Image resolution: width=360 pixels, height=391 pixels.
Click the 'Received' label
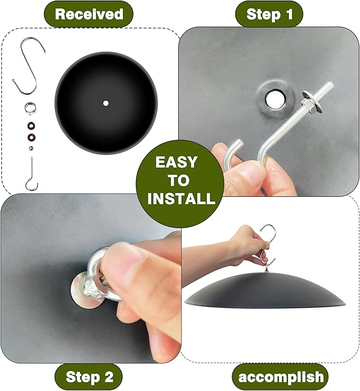pyautogui.click(x=89, y=14)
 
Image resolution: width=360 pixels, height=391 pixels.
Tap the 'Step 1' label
pyautogui.click(x=269, y=14)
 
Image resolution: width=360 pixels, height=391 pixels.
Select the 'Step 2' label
pyautogui.click(x=90, y=377)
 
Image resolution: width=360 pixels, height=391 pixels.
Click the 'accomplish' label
pyautogui.click(x=281, y=377)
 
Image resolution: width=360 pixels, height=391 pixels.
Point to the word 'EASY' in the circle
pyautogui.click(x=177, y=162)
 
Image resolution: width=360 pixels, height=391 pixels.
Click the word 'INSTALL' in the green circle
pyautogui.click(x=181, y=198)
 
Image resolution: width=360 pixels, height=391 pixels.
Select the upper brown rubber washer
pyautogui.click(x=31, y=126)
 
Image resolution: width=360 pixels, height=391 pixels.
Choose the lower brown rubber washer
pyautogui.click(x=31, y=137)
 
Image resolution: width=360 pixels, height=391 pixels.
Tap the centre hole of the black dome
pyautogui.click(x=106, y=103)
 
